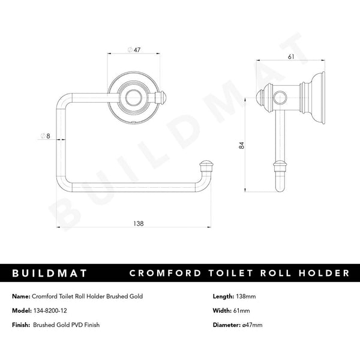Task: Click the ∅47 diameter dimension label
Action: [134, 50]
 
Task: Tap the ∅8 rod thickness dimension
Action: [45, 136]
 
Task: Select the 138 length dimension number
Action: [138, 223]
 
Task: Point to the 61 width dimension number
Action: [291, 56]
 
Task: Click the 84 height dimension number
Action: [242, 145]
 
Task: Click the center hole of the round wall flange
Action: [133, 98]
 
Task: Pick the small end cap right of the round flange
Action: [161, 98]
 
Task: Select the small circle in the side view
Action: [280, 98]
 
